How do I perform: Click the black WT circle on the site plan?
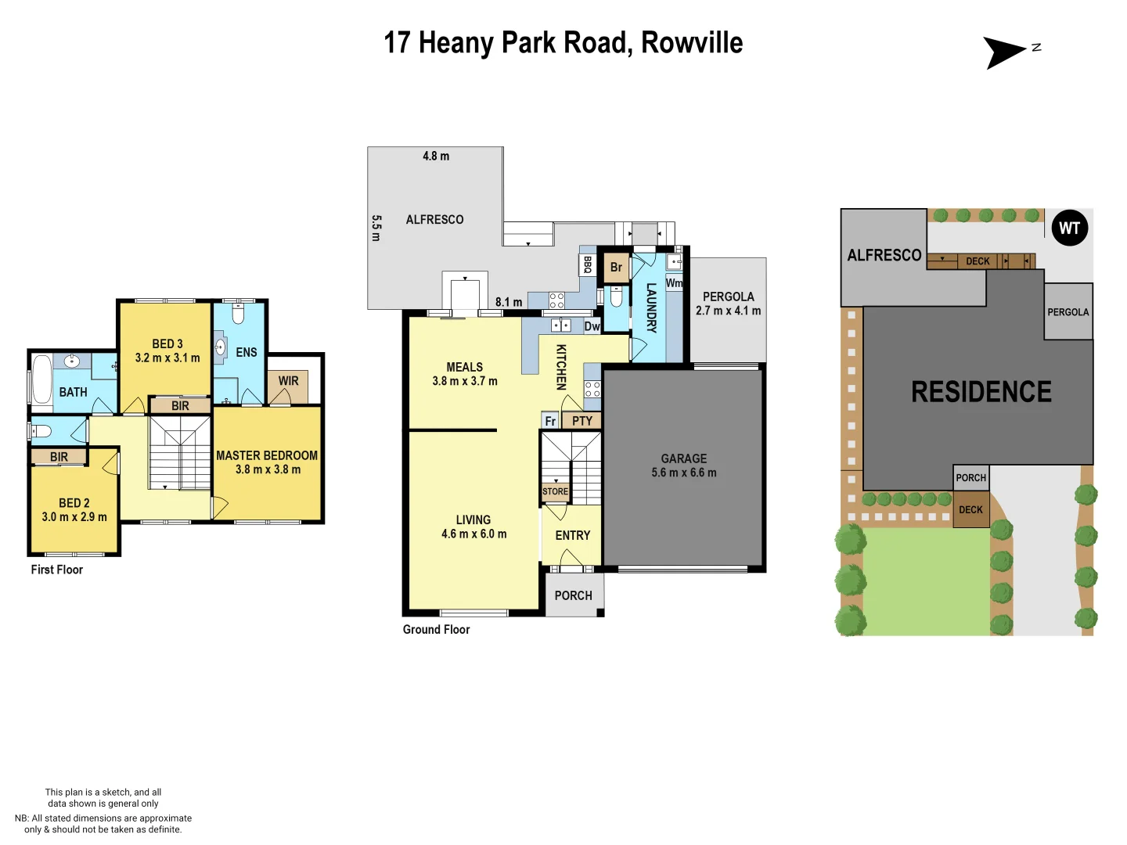pos(1069,228)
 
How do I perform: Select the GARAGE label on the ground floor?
pos(683,458)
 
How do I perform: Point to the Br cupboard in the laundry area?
pos(616,268)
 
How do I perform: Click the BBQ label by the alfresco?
pos(587,264)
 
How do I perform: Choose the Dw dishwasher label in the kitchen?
pos(592,326)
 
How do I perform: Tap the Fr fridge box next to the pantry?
pos(550,421)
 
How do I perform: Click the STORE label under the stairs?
pos(555,491)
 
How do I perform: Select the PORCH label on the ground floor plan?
pos(573,595)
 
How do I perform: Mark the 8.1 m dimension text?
pos(509,302)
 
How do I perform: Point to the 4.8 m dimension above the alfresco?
pos(436,156)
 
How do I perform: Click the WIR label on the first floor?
pos(288,381)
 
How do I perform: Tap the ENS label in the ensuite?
pos(247,352)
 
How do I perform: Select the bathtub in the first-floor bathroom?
pos(41,380)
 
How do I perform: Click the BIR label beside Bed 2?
pos(59,457)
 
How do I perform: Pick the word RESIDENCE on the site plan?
pos(981,391)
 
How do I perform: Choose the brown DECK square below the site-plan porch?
pos(970,509)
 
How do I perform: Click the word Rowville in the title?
pos(692,42)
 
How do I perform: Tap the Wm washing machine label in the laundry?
pos(674,283)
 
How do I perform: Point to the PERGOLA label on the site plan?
pos(1068,312)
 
